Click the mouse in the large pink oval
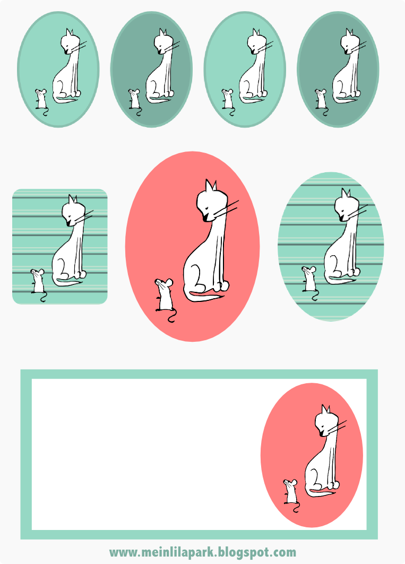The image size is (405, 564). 164,297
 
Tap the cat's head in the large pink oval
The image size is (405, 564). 212,201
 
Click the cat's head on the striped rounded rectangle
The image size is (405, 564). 74,212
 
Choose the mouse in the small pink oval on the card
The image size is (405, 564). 291,494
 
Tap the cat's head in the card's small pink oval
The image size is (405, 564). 327,421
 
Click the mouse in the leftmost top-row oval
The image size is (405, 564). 41,100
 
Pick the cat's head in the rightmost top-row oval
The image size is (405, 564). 350,42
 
